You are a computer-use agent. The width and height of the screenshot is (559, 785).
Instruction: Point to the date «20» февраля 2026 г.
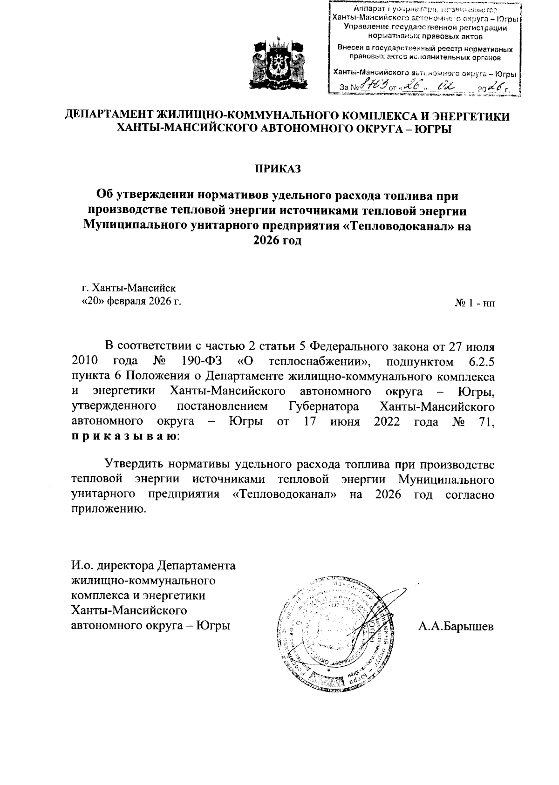coord(131,301)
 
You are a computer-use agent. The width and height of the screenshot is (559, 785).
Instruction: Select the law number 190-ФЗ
coord(199,361)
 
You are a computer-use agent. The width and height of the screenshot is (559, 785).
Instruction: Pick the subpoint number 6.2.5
coord(479,361)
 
